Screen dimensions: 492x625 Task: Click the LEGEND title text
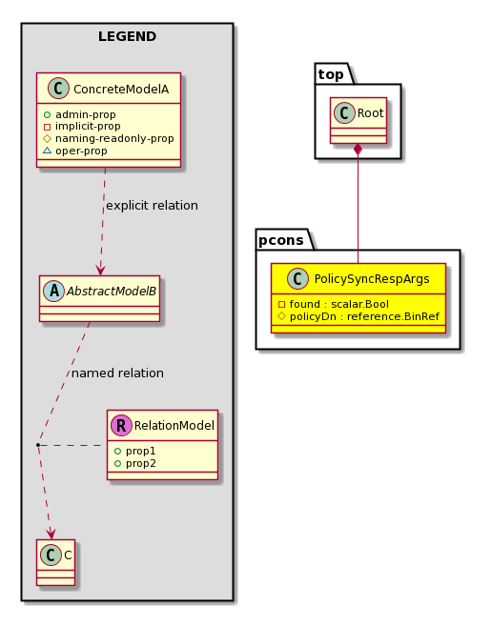pos(127,36)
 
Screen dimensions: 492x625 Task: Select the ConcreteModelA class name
pos(121,90)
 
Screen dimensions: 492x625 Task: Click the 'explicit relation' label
pos(152,206)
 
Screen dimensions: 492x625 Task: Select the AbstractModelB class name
pos(112,292)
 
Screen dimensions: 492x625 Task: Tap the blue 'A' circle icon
pos(53,291)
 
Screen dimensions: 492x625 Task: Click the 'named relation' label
pos(117,373)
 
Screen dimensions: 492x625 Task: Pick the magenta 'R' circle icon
pos(121,425)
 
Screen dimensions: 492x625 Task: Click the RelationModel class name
pos(174,426)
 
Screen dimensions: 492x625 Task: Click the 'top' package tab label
pos(331,74)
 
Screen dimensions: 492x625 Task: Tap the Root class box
pos(359,120)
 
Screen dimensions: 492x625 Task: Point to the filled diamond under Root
pos(359,150)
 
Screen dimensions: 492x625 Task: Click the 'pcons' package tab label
pos(281,240)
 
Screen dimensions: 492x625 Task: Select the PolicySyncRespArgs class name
pos(372,279)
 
